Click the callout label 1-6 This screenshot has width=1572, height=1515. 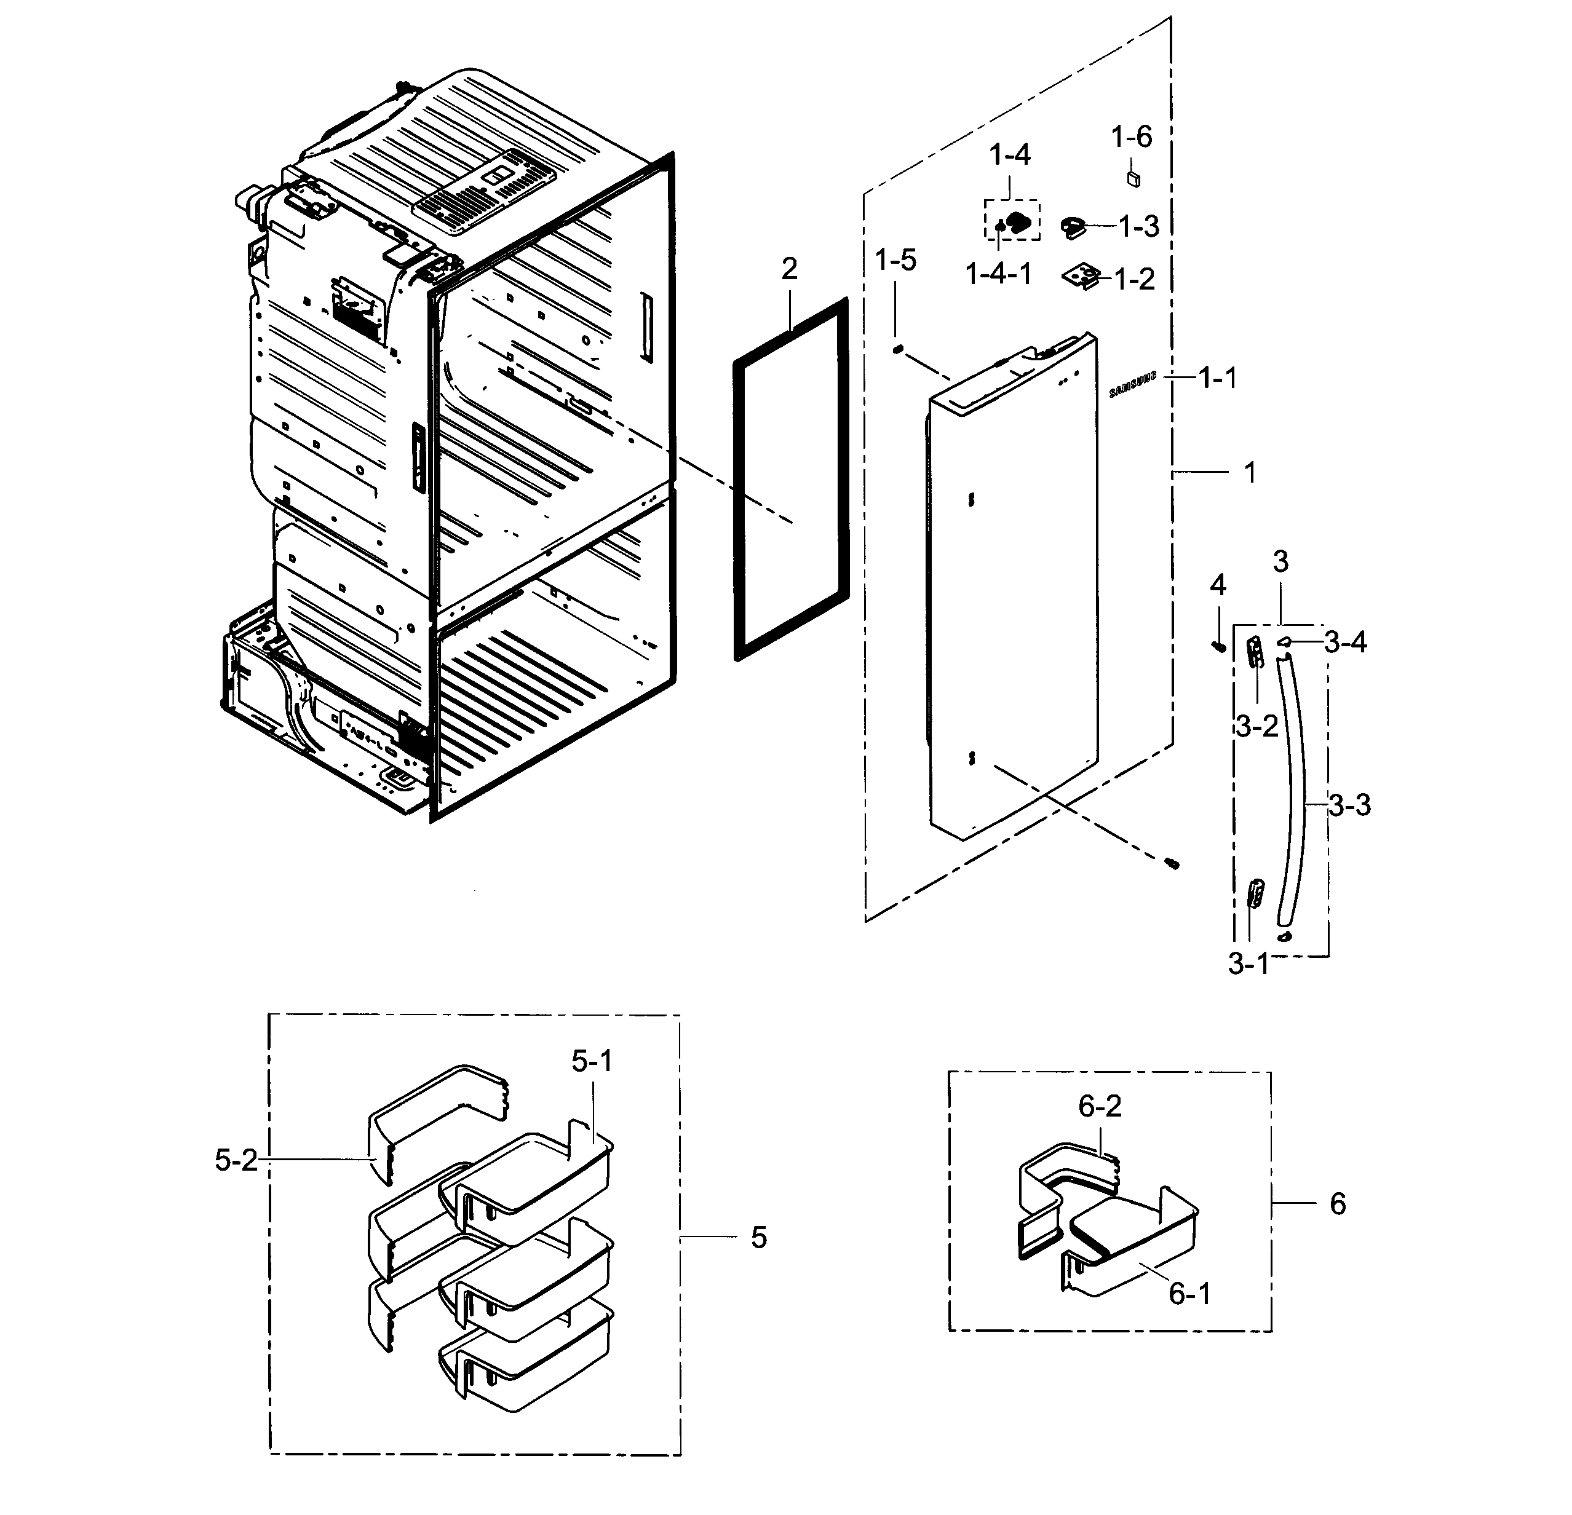[x=1131, y=137]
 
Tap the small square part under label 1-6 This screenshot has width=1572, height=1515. [x=1133, y=178]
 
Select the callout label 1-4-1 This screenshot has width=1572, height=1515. [x=999, y=274]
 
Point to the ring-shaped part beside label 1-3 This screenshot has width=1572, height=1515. [x=1071, y=227]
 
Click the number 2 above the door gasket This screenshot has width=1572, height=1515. [x=790, y=269]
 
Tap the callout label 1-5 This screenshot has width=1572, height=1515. [x=896, y=260]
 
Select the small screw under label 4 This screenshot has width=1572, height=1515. [x=1218, y=645]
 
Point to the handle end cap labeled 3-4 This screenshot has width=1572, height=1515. [x=1285, y=642]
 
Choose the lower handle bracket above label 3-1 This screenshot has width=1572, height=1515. [x=1255, y=892]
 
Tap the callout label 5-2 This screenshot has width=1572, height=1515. [x=237, y=1160]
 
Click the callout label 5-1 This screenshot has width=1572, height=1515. [x=592, y=1061]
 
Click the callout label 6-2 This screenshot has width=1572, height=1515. [x=1100, y=1107]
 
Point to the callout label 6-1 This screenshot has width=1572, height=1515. [x=1189, y=1294]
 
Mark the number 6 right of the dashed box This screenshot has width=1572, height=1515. [x=1338, y=1203]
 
